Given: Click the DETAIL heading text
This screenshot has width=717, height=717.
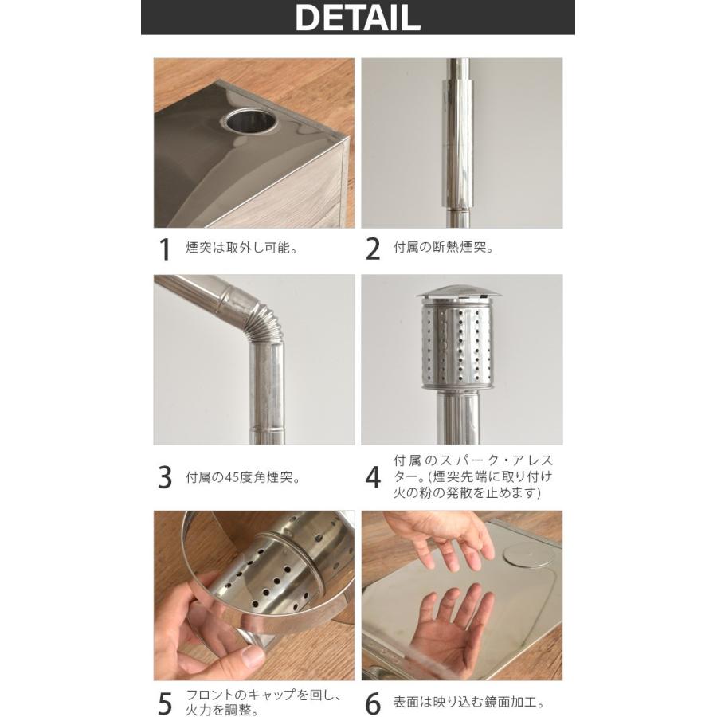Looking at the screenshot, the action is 358,18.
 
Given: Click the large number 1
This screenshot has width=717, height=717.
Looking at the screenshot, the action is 165,249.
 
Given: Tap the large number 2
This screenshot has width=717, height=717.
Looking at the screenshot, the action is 373,249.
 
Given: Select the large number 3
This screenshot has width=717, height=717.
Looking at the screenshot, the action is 165,477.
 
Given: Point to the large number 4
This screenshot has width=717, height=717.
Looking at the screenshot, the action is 373,477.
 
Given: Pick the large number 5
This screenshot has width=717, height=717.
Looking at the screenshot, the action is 165,704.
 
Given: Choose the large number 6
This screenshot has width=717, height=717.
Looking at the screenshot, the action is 373,704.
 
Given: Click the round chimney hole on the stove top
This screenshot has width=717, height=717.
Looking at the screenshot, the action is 250,121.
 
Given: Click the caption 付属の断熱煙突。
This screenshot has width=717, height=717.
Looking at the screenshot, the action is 444,249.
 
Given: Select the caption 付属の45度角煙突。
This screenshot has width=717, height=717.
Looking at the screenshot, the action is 244,478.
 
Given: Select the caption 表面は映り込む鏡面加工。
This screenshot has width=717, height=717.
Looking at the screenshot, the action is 469,703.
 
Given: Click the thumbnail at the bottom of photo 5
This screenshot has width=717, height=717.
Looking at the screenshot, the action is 249,657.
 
